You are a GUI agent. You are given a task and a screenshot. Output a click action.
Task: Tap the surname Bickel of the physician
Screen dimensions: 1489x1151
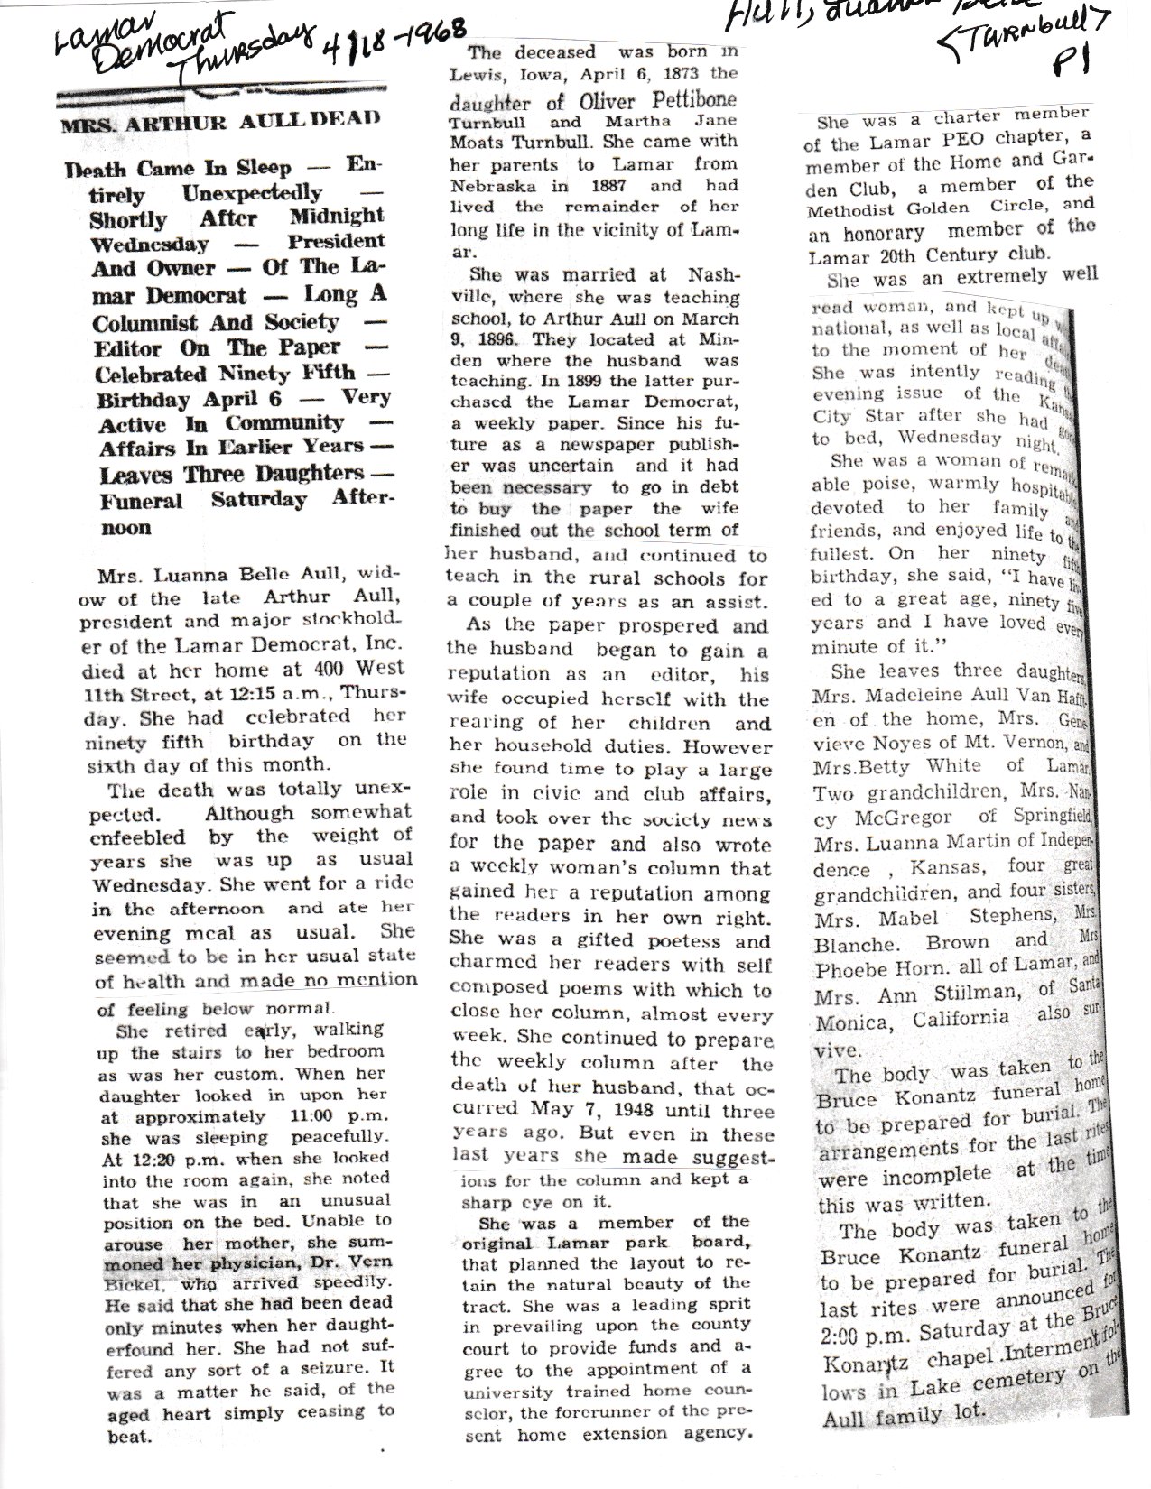click(134, 1283)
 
